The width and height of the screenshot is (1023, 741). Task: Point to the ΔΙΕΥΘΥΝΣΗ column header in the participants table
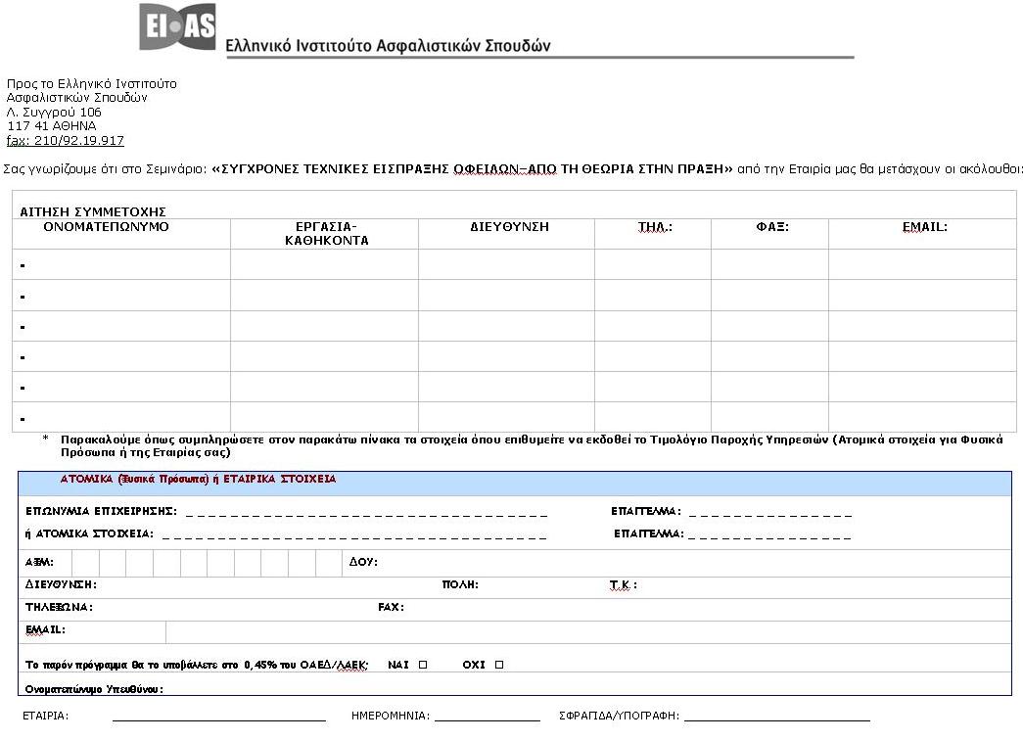(509, 227)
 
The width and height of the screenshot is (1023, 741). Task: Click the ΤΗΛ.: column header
(655, 227)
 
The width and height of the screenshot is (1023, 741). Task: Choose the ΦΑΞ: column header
(772, 227)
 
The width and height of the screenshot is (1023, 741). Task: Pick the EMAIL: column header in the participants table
(924, 227)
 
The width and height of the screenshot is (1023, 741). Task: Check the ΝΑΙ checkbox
(423, 665)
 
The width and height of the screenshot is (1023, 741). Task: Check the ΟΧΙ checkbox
(499, 665)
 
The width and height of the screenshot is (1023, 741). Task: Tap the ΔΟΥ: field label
(363, 563)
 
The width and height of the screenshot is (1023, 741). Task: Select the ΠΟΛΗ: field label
(460, 585)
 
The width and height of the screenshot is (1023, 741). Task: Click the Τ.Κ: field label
(623, 585)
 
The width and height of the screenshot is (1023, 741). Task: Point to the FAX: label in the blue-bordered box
(391, 608)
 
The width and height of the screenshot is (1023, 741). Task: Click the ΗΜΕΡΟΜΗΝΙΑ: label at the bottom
(391, 716)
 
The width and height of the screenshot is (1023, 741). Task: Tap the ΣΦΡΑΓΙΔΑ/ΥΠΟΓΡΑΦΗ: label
(619, 716)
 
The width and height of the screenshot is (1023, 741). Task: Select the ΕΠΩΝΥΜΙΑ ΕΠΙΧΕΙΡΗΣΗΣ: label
(101, 512)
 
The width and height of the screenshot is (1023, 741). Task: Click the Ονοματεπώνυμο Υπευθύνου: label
(94, 689)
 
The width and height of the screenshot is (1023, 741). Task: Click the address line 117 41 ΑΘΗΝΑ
(52, 126)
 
